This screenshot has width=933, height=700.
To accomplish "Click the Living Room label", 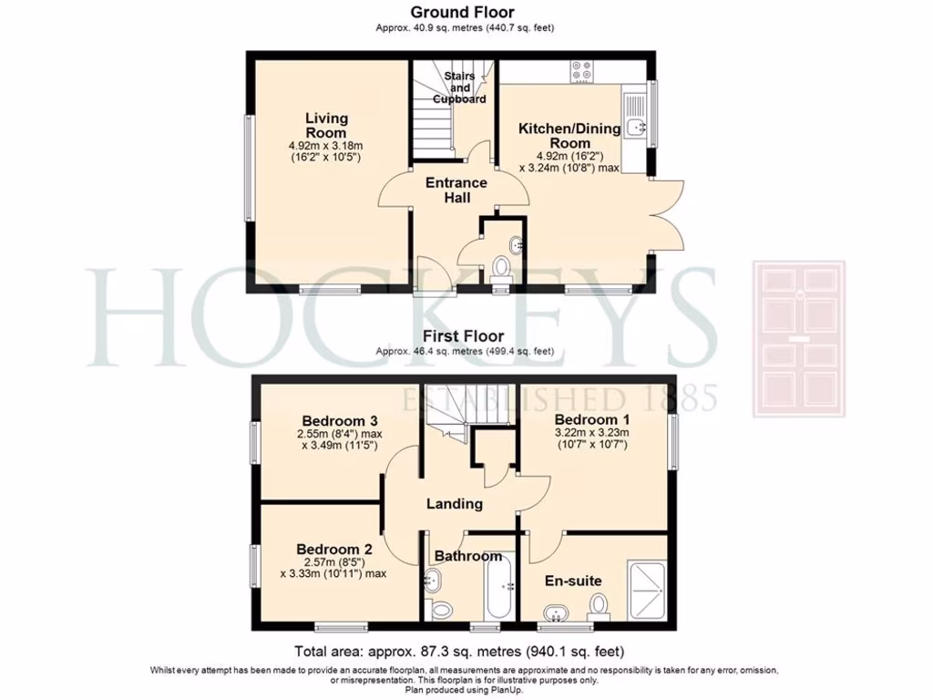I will tap(326, 126).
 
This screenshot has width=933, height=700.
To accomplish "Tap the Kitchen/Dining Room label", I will tap(569, 136).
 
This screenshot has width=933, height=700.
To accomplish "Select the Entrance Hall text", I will tap(456, 190).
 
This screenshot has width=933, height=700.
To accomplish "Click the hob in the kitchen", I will tap(581, 72).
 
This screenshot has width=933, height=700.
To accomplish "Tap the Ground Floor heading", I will tap(462, 13).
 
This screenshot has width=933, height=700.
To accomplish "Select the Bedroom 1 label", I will tap(592, 420).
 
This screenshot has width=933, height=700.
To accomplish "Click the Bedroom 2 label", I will tap(334, 550).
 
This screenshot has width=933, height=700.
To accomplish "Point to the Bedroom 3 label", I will tap(340, 420).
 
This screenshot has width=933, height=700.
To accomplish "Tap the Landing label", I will tap(455, 504).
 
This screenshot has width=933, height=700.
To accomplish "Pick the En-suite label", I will tap(573, 581).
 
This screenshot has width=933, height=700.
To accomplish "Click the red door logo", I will tap(798, 339).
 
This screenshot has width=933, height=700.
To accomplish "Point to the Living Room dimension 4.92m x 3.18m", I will tap(326, 146).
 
